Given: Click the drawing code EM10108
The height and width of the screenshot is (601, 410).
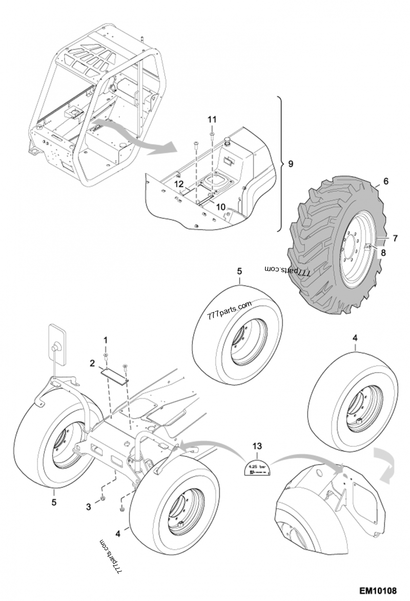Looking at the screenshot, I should (378, 590).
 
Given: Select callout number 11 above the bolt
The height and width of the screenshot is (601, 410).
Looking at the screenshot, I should (212, 119).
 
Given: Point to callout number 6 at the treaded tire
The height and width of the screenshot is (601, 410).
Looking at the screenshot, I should (386, 181).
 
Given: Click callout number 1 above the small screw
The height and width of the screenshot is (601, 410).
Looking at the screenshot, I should (106, 340).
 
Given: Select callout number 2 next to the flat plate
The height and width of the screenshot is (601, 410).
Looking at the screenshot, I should (92, 364).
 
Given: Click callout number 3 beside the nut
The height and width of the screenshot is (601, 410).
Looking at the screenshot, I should (88, 507).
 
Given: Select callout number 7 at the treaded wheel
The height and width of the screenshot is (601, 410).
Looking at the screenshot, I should (395, 237).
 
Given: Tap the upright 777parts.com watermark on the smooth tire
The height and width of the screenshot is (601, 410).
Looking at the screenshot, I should (230, 310).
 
